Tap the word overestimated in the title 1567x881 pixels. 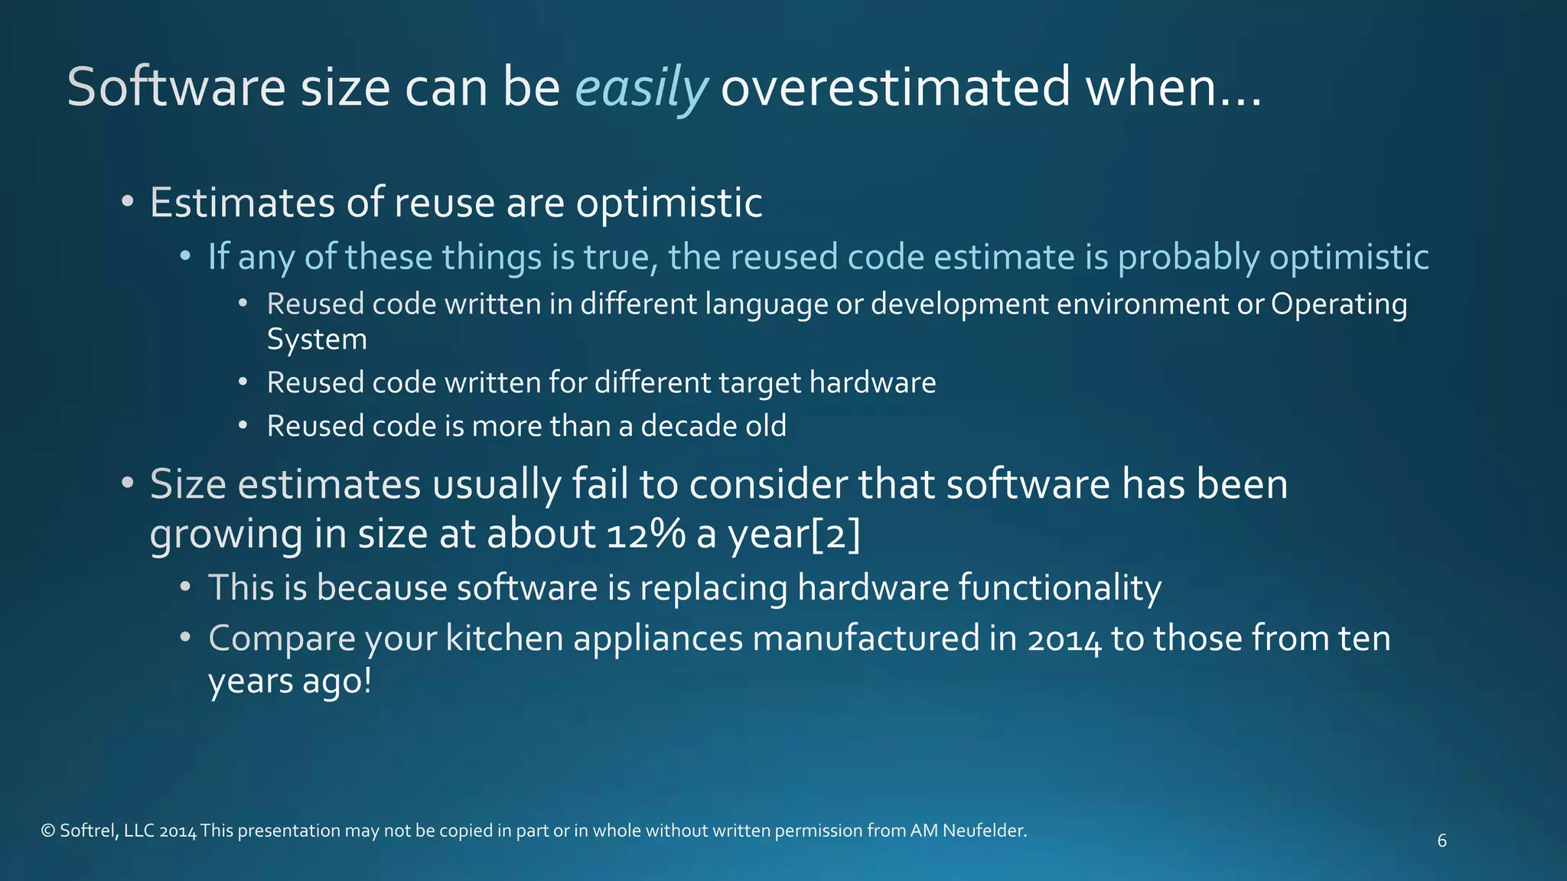(895, 87)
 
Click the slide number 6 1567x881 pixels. (1442, 841)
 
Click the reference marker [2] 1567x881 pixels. (835, 534)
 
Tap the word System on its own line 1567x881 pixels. (317, 340)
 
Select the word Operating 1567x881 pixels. (1339, 304)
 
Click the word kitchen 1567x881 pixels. (504, 639)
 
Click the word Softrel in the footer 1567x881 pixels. (88, 831)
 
